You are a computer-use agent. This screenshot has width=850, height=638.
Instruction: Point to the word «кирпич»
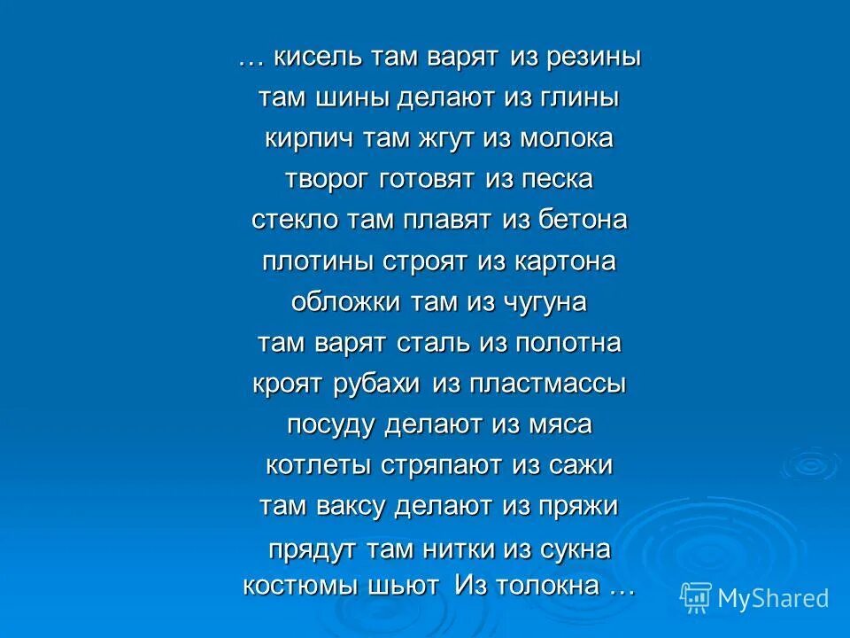[301, 139]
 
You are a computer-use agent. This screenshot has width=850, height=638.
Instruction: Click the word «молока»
[567, 139]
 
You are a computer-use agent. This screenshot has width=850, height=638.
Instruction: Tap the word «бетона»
[582, 221]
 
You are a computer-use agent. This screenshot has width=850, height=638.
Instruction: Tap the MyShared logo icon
[695, 597]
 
